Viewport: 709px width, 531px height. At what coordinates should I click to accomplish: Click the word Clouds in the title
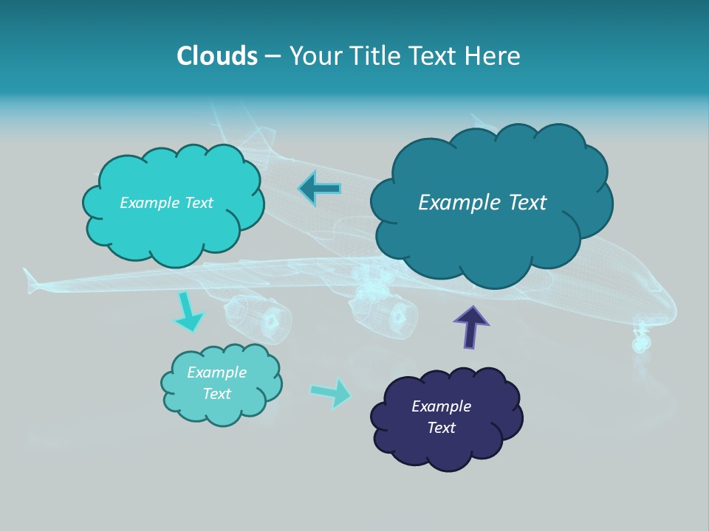217,56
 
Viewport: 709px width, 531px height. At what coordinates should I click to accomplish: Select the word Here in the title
495,56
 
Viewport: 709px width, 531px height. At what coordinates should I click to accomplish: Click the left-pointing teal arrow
320,189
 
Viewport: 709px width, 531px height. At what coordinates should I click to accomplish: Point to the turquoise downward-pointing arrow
188,313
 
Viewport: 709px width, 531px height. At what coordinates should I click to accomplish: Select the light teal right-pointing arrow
331,392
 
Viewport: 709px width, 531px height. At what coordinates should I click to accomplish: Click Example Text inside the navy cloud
441,417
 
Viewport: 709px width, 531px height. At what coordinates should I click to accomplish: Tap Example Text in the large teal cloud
482,203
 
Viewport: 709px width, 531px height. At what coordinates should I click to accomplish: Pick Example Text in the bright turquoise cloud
166,203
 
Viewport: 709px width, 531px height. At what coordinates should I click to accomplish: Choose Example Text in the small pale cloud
216,383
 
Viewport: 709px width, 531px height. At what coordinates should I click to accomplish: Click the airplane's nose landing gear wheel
640,342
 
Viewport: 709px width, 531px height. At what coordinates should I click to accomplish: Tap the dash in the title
272,57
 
